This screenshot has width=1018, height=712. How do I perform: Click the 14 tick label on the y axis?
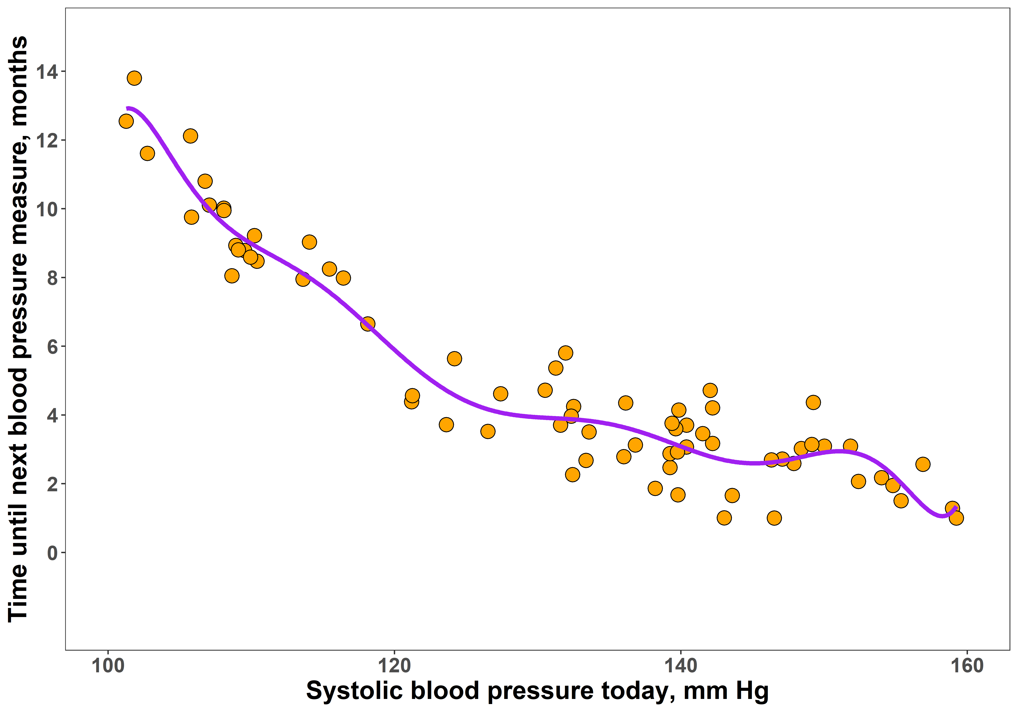(47, 72)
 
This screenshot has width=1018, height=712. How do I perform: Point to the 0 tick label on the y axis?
(53, 553)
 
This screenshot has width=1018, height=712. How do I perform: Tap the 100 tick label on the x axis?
(108, 666)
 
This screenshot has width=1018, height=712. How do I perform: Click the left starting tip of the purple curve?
(127, 108)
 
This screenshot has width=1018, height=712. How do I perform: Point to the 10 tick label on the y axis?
(47, 209)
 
